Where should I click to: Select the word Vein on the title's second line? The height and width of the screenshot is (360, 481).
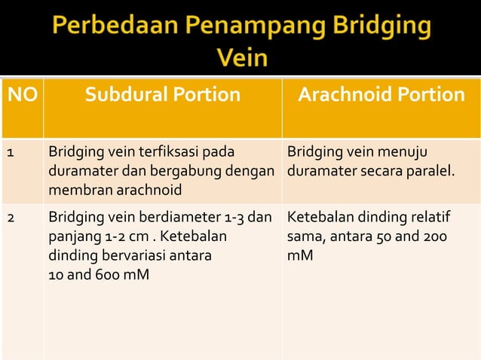click(241, 57)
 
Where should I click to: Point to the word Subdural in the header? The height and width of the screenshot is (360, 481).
click(121, 96)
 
